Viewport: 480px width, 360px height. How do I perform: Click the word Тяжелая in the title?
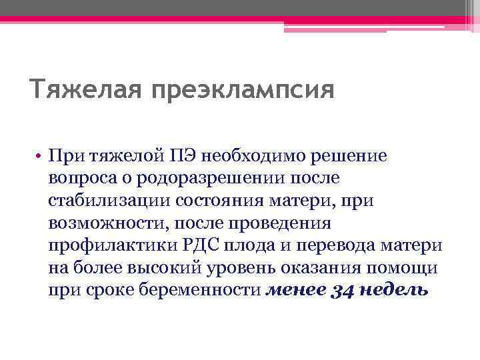point(83,89)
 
